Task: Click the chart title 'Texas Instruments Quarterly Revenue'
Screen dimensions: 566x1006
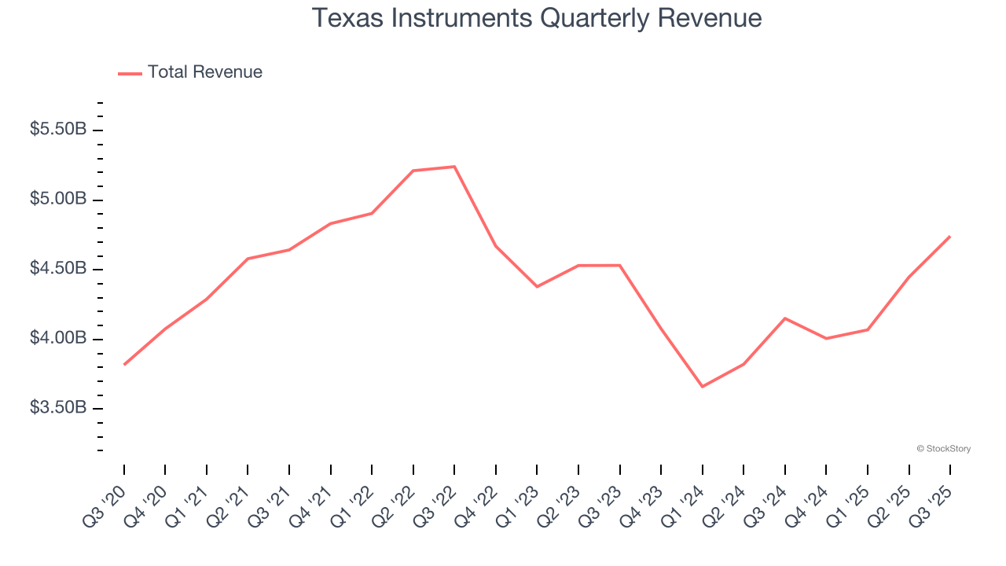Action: pos(537,18)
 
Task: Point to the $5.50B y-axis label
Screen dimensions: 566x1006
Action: pos(58,130)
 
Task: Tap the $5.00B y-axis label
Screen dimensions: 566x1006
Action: pos(58,200)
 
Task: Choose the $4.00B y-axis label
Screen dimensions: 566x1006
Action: pos(58,339)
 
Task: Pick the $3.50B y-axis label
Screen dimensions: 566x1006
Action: pos(58,409)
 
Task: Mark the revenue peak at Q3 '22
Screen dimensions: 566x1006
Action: pos(454,167)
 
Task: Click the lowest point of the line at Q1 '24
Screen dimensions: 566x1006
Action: pos(702,387)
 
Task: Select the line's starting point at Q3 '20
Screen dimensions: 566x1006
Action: pos(124,364)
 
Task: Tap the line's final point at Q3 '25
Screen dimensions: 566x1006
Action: pos(949,237)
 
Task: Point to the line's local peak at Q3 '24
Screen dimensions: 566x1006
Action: pos(784,318)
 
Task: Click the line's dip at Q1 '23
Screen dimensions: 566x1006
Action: pos(537,286)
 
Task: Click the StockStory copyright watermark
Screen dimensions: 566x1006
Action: pos(943,449)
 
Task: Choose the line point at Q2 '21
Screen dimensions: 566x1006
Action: pos(248,259)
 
